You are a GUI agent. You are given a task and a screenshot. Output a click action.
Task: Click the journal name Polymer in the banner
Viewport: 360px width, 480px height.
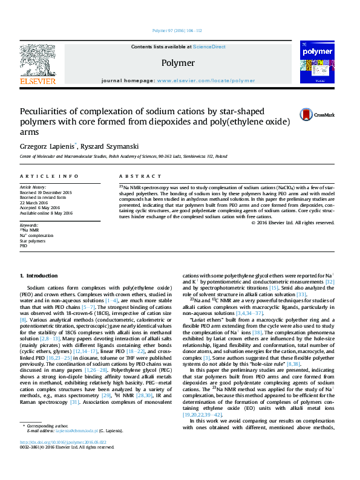pos(178,63)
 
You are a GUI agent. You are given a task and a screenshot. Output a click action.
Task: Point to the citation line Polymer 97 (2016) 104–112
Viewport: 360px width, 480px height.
pos(177,30)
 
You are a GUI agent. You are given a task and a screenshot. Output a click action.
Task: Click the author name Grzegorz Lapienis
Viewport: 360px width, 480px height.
pos(48,146)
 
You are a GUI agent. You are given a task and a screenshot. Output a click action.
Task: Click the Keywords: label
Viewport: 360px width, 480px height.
pos(29,225)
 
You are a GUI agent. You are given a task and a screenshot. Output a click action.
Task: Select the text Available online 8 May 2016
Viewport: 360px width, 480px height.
pos(46,213)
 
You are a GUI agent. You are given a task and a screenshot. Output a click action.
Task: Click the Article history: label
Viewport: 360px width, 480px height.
pos(33,187)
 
